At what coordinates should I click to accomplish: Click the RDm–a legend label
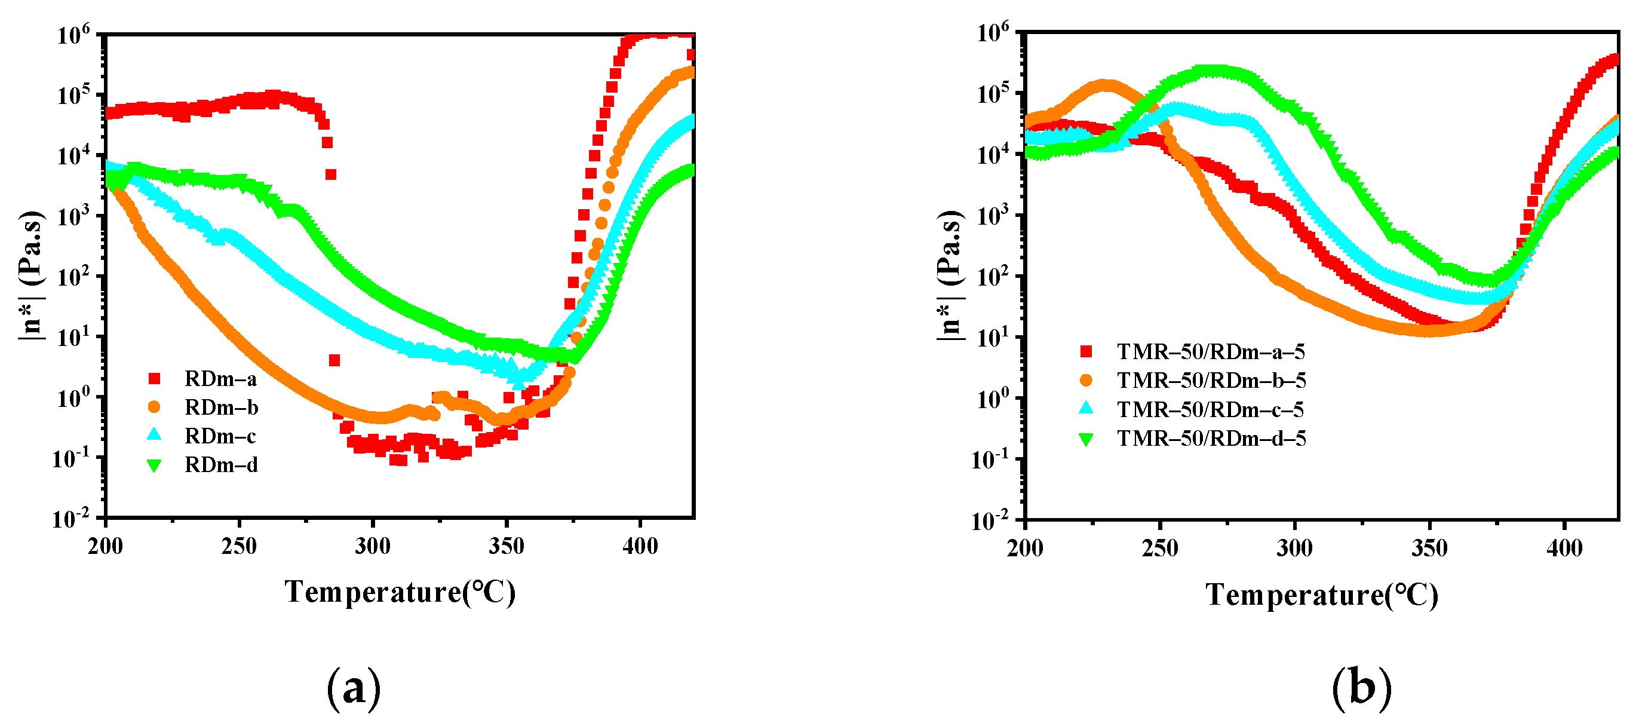[x=220, y=379]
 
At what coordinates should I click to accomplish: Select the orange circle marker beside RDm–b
[x=154, y=407]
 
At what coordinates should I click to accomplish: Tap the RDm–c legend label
[x=220, y=436]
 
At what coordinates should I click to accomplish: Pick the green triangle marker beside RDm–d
[x=154, y=465]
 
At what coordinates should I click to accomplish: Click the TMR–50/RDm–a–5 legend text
[x=1211, y=352]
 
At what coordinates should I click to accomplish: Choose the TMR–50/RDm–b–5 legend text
[x=1211, y=381]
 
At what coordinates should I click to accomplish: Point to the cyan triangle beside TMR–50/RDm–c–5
[x=1086, y=409]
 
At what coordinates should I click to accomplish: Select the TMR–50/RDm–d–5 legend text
[x=1211, y=438]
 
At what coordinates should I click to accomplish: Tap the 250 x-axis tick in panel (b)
[x=1160, y=548]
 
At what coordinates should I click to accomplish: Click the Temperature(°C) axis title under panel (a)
[x=400, y=592]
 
